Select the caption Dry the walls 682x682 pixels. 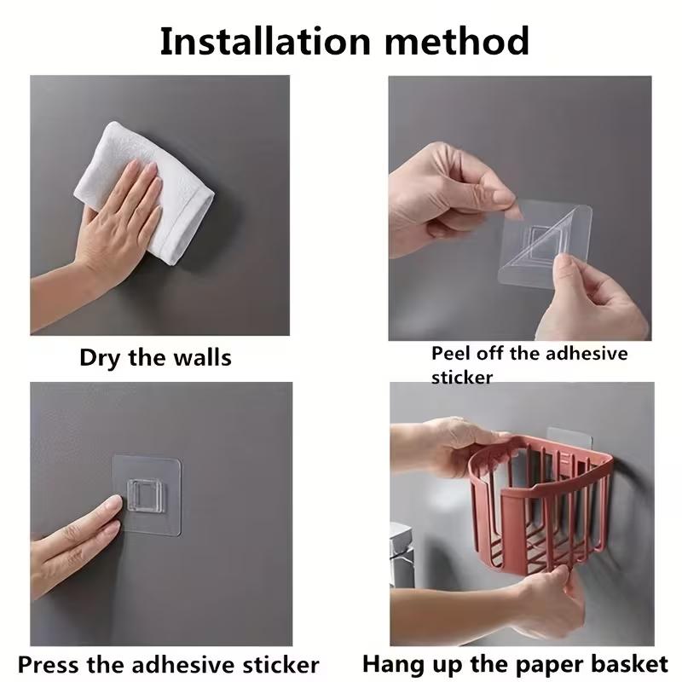[155, 356]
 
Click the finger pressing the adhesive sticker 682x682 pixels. [94, 516]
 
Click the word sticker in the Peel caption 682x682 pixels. [461, 376]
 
